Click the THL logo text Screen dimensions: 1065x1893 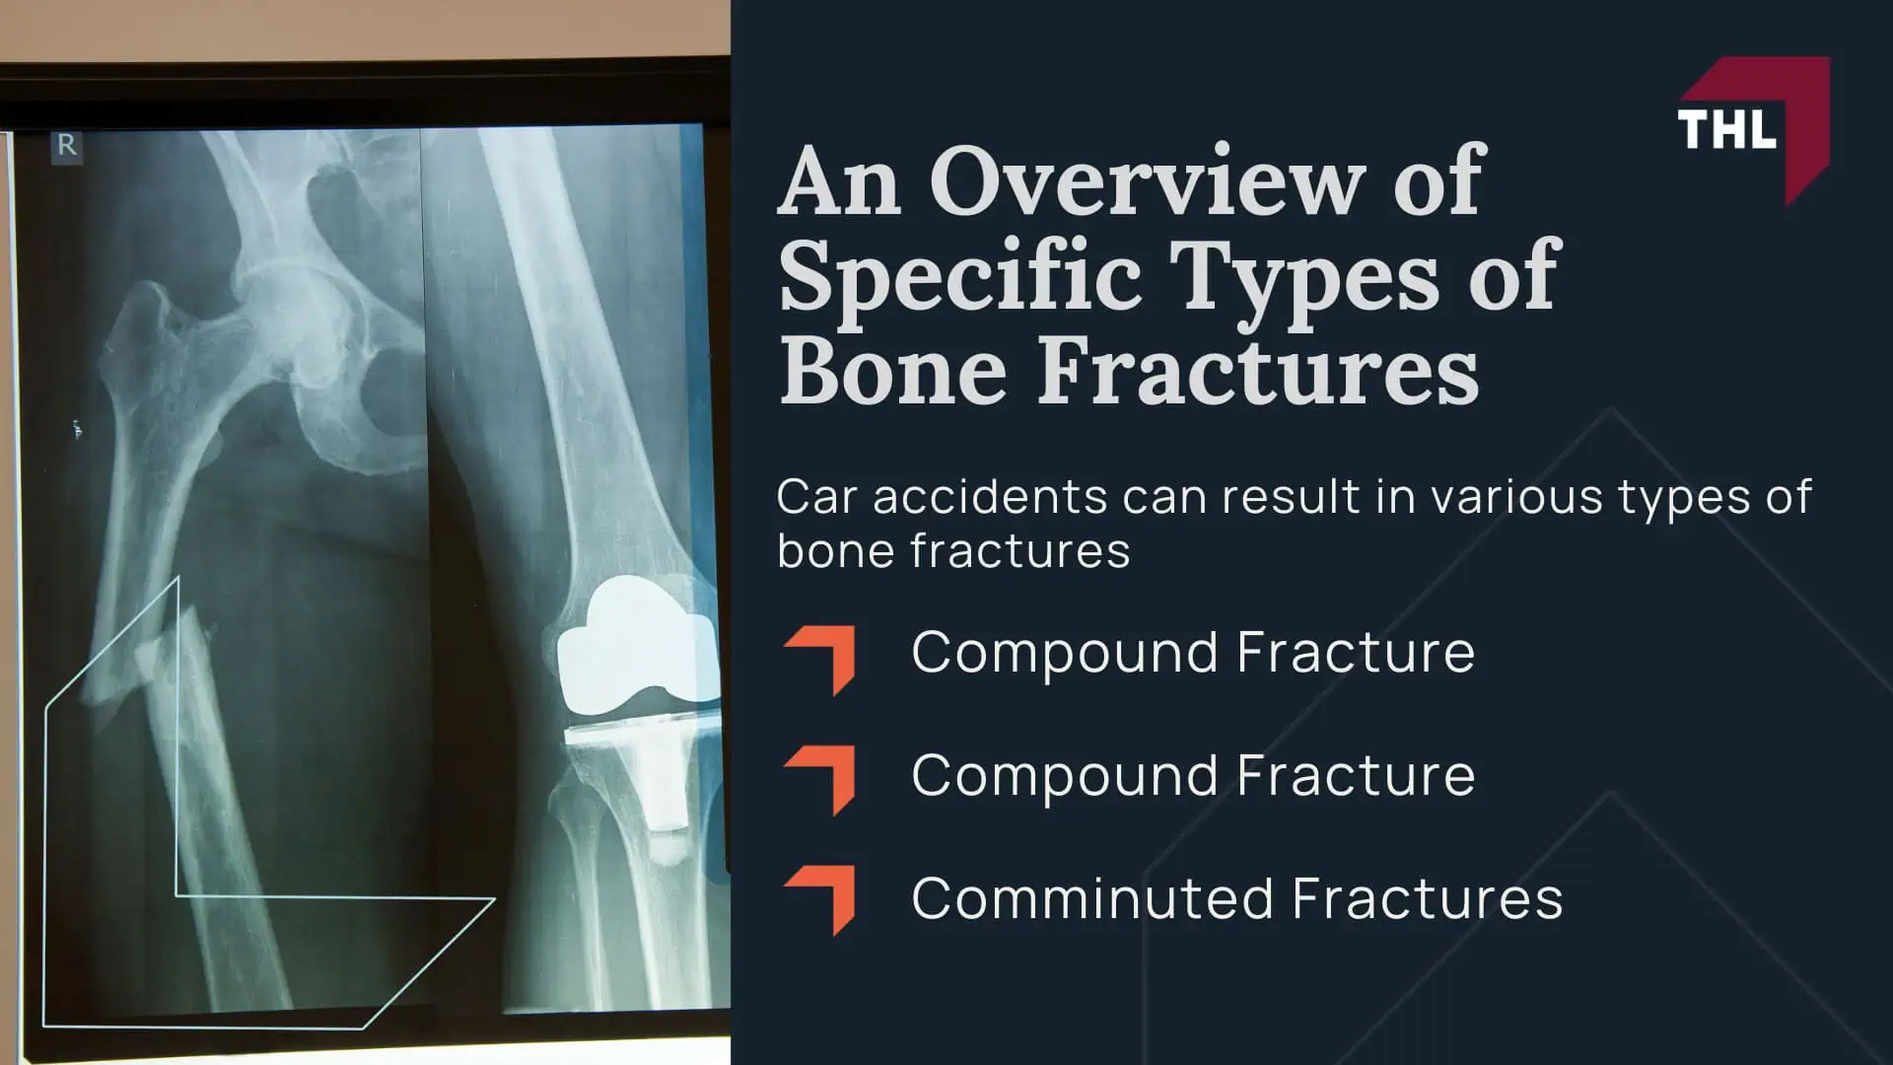pos(1726,129)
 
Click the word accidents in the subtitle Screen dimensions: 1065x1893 pos(990,497)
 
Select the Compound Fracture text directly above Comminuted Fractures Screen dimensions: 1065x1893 pos(1193,775)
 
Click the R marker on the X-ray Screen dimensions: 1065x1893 pos(67,146)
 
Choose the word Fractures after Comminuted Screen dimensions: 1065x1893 pos(1427,898)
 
